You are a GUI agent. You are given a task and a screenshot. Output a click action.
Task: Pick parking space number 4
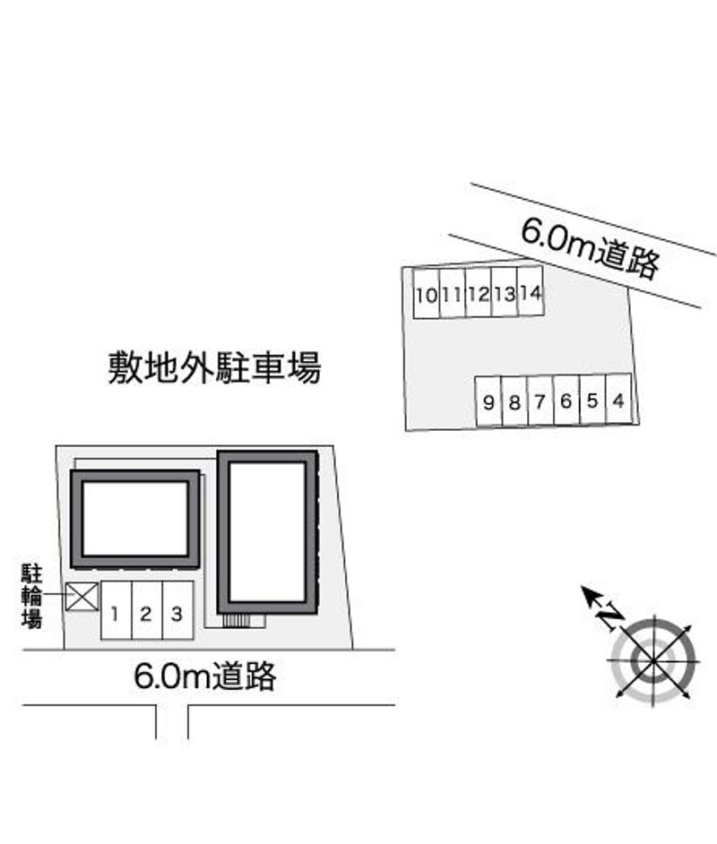(x=619, y=400)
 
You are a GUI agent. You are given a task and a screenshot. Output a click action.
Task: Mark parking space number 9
(x=488, y=402)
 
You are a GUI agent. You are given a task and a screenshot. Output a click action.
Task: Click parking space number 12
(x=479, y=292)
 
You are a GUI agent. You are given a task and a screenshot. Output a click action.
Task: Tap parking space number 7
(x=540, y=401)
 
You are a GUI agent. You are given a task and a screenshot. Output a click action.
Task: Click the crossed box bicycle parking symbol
(x=82, y=597)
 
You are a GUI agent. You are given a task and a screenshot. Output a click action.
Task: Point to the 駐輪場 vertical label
(x=31, y=596)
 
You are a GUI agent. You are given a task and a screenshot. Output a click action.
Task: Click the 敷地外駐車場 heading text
(x=214, y=367)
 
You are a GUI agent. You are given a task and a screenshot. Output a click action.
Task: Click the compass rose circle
(x=652, y=658)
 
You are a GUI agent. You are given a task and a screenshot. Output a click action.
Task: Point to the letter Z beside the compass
(x=611, y=616)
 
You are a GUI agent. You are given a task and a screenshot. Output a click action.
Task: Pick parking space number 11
(x=453, y=293)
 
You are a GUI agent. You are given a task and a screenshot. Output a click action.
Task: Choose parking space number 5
(x=592, y=400)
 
